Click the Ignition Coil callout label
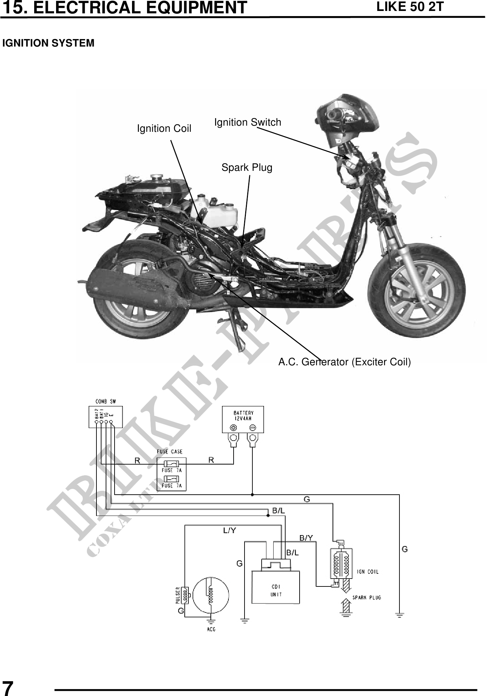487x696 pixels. click(164, 129)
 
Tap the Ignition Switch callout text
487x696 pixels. click(248, 122)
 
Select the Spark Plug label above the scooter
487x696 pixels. click(247, 168)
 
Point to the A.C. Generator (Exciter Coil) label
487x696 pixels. click(344, 362)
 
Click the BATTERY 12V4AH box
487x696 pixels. click(243, 420)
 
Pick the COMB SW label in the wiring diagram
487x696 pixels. click(105, 402)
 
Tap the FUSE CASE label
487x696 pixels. click(170, 452)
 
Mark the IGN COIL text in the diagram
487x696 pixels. click(368, 572)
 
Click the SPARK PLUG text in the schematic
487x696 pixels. click(367, 597)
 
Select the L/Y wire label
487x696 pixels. click(229, 530)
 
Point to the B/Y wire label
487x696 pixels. click(306, 538)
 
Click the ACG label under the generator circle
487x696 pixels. click(211, 629)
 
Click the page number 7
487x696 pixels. click(8, 687)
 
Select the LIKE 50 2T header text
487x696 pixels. click(409, 7)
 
